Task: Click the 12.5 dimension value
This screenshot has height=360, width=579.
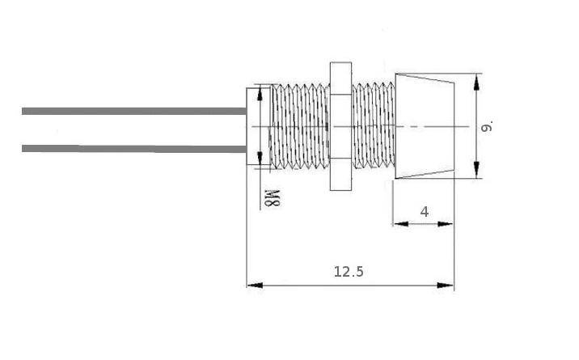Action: [349, 272]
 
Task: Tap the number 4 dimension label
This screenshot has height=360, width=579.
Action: [425, 212]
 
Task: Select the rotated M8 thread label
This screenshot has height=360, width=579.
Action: [273, 198]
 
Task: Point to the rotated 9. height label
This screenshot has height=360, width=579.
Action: [487, 127]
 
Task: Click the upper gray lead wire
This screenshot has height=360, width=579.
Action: [134, 111]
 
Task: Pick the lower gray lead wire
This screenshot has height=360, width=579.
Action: [134, 149]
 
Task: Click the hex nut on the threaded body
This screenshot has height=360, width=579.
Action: [340, 126]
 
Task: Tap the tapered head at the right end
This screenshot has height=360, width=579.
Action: [425, 126]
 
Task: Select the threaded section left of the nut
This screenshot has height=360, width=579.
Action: [300, 127]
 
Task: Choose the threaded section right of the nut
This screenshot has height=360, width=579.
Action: [373, 126]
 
